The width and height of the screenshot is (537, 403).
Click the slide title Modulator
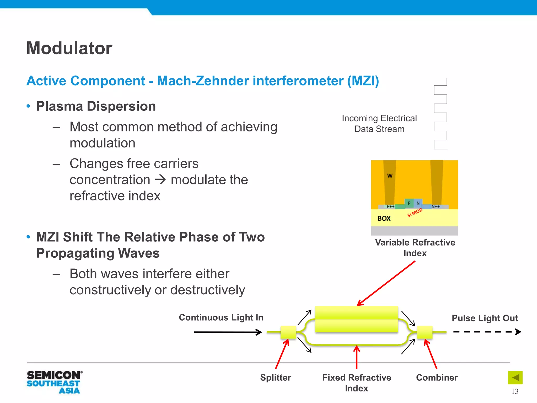[x=69, y=48]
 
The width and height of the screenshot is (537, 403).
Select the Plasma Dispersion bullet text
[x=96, y=106]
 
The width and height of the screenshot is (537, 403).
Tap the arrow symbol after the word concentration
[x=160, y=180]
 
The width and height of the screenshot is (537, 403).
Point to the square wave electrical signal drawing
[x=441, y=114]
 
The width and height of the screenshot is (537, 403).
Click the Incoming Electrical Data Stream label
[x=379, y=124]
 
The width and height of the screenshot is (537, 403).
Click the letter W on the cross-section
[x=390, y=176]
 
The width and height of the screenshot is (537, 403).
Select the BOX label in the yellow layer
[x=384, y=219]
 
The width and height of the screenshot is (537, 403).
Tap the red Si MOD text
[x=415, y=213]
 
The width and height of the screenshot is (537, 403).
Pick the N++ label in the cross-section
[x=436, y=206]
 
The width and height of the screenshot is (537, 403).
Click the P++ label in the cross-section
[x=390, y=206]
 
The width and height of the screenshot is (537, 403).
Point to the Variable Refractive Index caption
[x=415, y=248]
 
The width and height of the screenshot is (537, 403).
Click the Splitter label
[x=276, y=378]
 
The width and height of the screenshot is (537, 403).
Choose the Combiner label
[x=437, y=378]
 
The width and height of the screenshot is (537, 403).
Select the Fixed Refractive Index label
[x=357, y=383]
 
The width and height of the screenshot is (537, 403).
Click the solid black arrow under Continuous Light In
[x=228, y=332]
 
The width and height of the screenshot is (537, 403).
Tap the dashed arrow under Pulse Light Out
[x=487, y=332]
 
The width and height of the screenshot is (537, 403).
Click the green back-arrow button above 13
[x=515, y=378]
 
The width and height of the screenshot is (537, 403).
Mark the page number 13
[x=515, y=391]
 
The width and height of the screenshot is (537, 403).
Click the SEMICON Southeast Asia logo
[x=54, y=382]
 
